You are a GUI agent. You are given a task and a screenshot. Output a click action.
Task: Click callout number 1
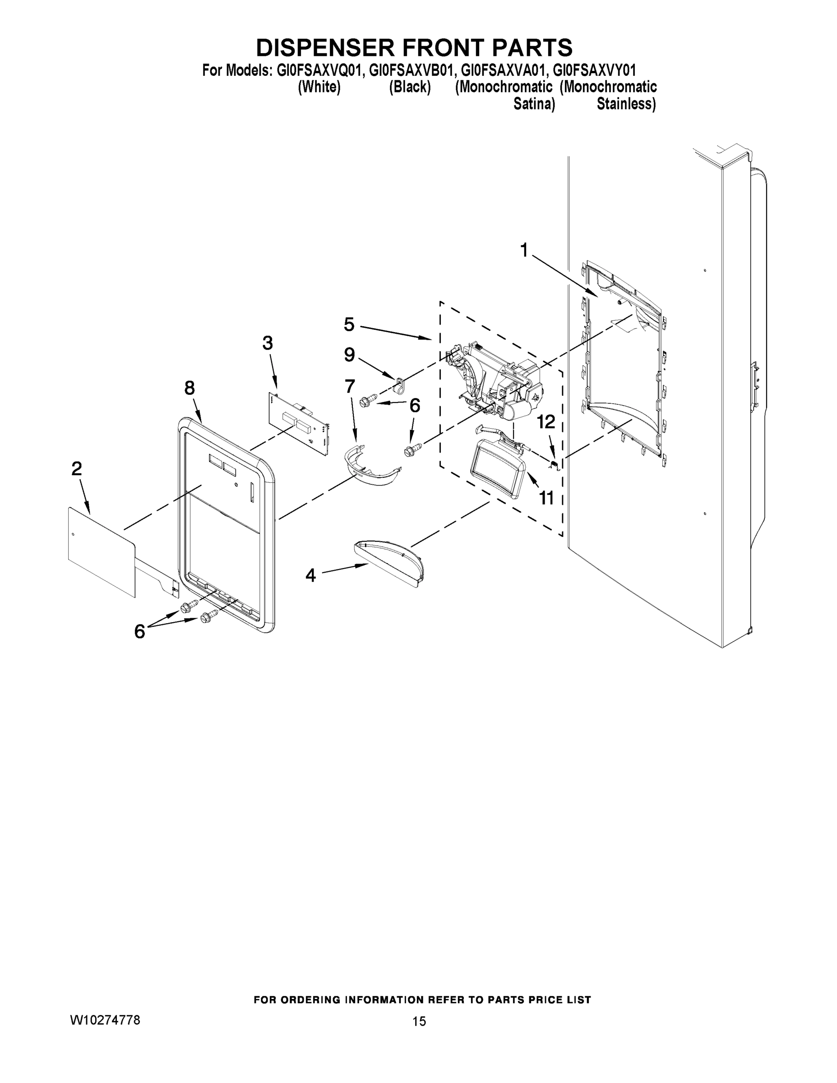point(523,251)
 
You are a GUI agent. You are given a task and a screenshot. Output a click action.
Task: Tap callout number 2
point(76,468)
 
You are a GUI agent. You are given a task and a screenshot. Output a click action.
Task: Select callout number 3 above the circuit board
point(267,342)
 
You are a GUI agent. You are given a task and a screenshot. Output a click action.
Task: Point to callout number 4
point(310,576)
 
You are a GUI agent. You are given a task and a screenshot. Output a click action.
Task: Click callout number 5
point(349,325)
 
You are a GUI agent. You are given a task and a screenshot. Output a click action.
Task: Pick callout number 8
point(190,388)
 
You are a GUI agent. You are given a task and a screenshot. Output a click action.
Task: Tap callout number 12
point(546,422)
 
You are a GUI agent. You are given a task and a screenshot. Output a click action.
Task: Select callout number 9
point(349,355)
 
